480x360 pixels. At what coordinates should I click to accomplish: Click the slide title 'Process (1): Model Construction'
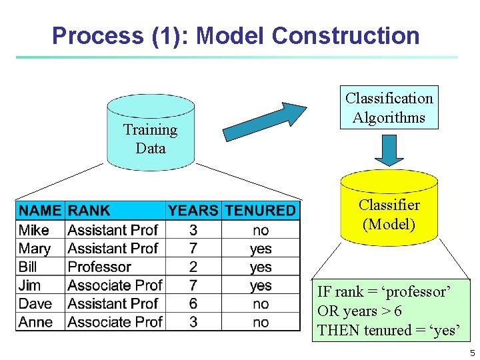coord(235,35)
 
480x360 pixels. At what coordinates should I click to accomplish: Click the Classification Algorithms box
coord(389,107)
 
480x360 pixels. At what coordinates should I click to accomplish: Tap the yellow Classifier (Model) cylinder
coord(389,210)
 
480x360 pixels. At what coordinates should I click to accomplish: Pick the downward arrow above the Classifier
coord(389,151)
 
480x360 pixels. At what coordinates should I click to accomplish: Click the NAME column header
coord(40,211)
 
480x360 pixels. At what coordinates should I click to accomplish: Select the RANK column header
coord(89,211)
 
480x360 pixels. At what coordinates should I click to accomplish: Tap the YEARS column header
coord(193,211)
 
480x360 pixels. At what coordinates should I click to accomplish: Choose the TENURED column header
coord(260,211)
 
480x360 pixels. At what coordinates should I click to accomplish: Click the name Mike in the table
coord(34,230)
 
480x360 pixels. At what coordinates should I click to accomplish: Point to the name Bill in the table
coord(28,267)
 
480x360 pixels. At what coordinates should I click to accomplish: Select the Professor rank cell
coord(99,267)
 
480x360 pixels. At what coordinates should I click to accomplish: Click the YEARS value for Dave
coord(193,304)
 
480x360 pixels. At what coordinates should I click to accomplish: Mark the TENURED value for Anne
coord(261,322)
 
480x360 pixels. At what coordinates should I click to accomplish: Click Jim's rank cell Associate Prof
coord(115,285)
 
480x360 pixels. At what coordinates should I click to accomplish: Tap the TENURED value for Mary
coord(261,249)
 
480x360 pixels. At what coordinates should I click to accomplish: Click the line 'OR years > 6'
coord(359,311)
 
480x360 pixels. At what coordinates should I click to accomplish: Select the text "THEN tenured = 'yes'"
coord(388,330)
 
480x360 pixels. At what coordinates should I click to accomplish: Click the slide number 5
coord(472,353)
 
